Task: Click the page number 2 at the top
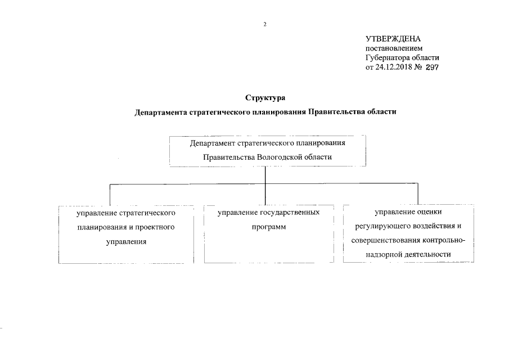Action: pyautogui.click(x=264, y=24)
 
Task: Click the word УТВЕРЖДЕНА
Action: pyautogui.click(x=393, y=39)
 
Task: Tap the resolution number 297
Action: pyautogui.click(x=431, y=67)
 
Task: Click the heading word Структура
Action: pyautogui.click(x=265, y=99)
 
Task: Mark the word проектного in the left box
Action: pyautogui.click(x=156, y=227)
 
